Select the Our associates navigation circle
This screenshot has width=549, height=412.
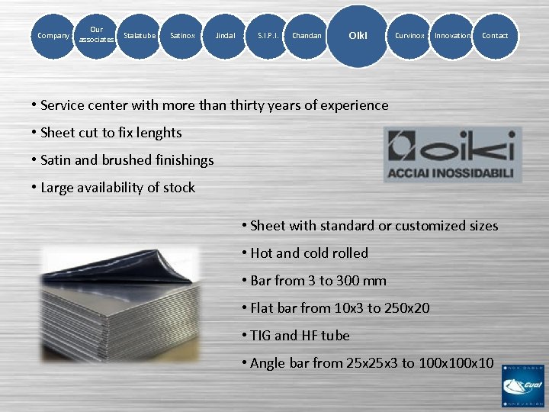coord(96,35)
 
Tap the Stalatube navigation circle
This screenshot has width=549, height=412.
coord(140,35)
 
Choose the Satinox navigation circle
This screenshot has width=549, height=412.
coord(182,35)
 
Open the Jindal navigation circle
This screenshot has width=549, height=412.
coord(225,35)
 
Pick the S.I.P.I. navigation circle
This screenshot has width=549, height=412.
coord(268,35)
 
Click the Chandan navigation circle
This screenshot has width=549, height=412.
coord(307,35)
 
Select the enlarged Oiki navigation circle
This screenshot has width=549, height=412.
coord(358,36)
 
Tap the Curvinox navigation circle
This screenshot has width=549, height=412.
coord(409,35)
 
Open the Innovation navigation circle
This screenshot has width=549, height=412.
coord(452,35)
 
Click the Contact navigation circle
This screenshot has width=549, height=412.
coord(495,35)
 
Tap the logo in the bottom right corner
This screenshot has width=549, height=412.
coord(523,386)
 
